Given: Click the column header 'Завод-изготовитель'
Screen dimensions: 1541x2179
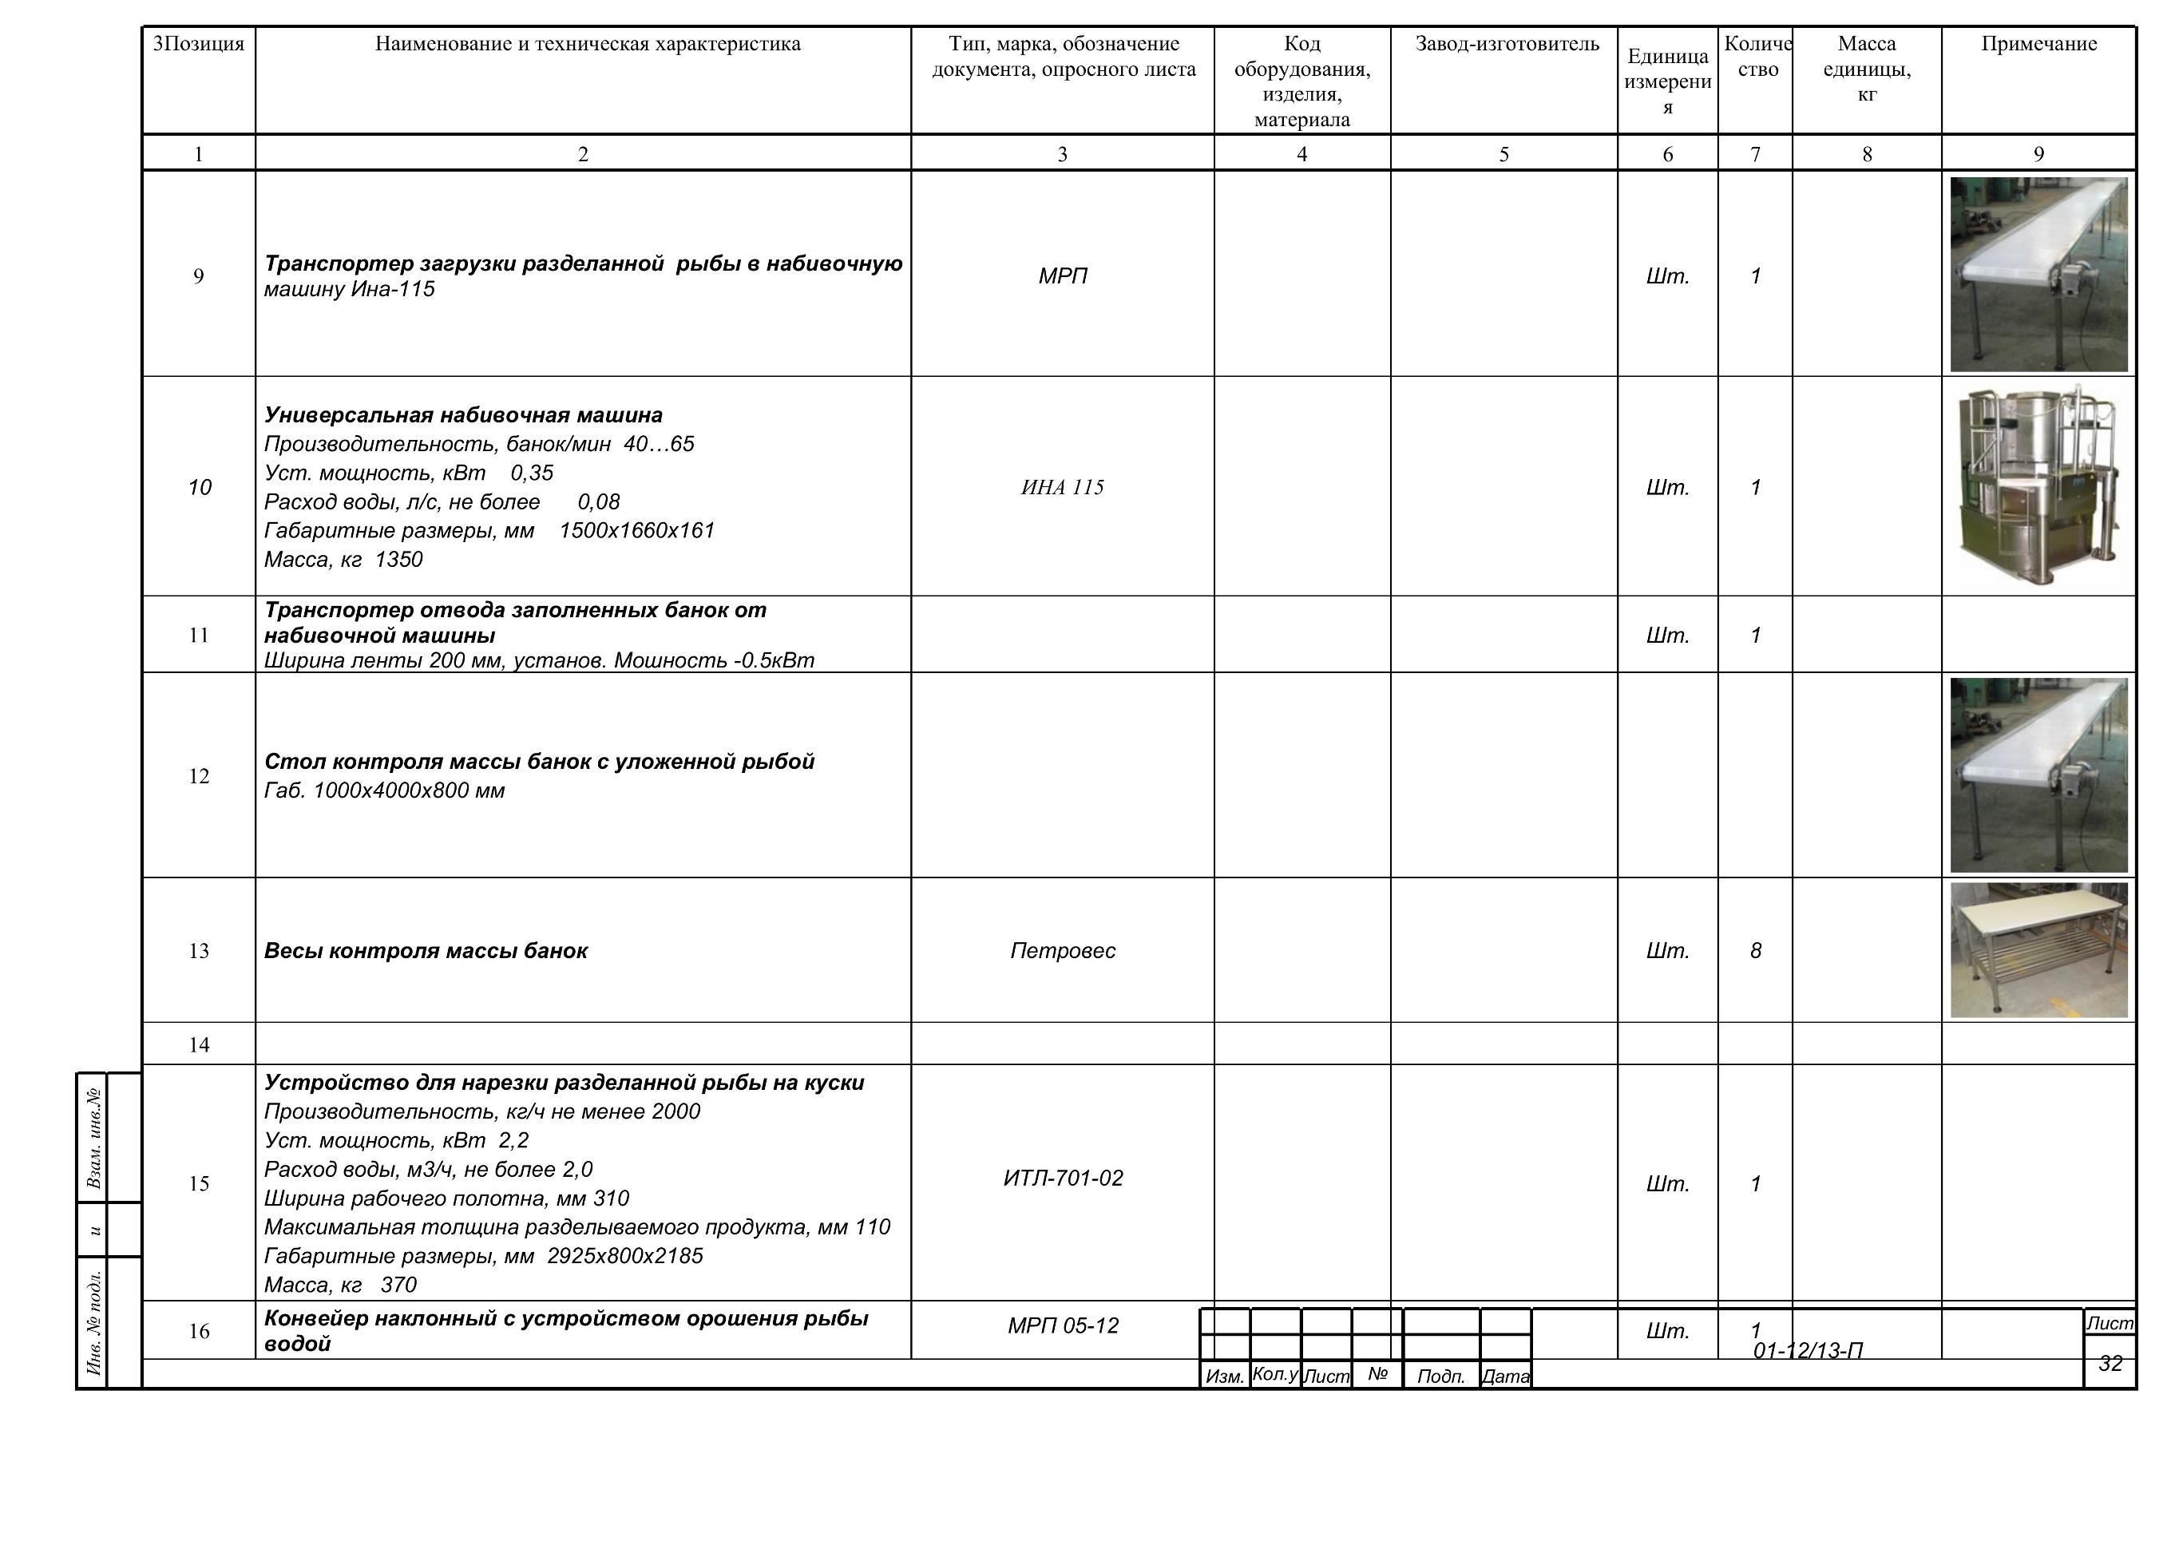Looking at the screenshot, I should pos(1507,44).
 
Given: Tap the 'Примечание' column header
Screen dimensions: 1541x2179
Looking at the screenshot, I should pos(2038,44).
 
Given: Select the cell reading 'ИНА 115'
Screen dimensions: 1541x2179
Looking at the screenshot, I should pos(1062,488).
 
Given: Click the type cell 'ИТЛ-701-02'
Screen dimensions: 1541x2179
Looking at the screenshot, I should pos(1063,1179).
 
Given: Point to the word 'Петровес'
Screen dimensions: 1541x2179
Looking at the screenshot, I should pos(1062,951).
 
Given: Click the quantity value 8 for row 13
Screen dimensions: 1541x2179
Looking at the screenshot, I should pos(1756,951).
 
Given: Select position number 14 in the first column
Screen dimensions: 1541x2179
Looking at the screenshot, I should pos(198,1044).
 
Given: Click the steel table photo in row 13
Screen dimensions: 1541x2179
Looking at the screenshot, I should pos(2038,950).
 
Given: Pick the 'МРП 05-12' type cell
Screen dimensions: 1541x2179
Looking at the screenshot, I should pos(1063,1325).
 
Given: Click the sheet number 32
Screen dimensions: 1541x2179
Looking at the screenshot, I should pos(2110,1364).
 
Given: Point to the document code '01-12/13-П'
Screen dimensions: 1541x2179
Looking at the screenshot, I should pos(1808,1350).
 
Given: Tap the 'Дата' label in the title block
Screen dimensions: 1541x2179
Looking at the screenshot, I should pos(1505,1377).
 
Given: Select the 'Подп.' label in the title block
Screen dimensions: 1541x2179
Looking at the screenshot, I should pos(1440,1377).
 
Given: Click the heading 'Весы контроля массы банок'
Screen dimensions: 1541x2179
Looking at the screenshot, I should pos(426,951).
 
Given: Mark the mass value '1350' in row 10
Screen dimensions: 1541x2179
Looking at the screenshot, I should pos(398,560).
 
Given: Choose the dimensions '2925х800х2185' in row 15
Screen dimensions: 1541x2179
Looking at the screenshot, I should pos(625,1256).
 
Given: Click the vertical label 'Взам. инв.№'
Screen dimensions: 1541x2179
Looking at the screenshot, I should pos(94,1137).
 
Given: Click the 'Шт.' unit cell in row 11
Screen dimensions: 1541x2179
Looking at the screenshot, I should pos(1667,636).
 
